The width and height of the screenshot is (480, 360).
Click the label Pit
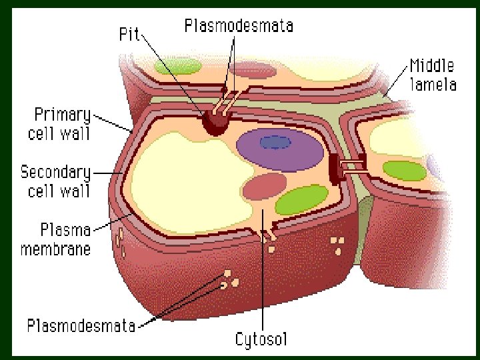click(128, 34)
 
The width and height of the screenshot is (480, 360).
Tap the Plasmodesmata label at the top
click(238, 26)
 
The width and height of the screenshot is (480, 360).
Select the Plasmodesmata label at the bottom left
click(81, 326)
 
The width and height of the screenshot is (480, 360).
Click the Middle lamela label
click(432, 75)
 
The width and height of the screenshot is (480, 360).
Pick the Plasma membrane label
click(56, 239)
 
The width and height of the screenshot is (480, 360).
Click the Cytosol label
click(261, 339)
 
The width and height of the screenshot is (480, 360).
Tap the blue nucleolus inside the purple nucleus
click(275, 142)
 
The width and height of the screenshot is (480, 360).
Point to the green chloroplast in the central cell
click(301, 200)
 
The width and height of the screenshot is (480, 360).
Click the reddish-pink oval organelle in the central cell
click(265, 187)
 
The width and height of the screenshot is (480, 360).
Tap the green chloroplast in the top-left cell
click(177, 66)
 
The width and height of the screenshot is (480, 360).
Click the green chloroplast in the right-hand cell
click(405, 170)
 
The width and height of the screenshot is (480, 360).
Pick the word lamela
click(433, 84)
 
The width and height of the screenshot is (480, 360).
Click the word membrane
click(56, 249)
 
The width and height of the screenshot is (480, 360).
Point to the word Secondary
click(55, 172)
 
